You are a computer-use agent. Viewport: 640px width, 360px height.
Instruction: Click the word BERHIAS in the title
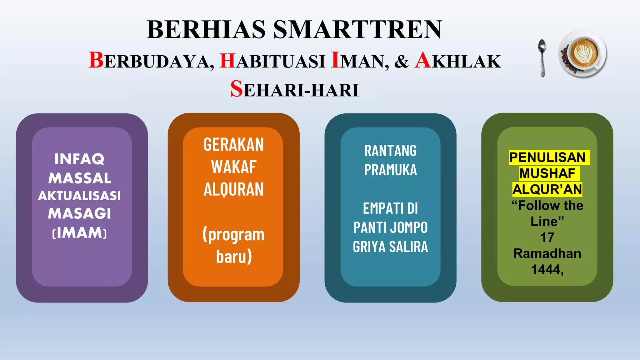206,29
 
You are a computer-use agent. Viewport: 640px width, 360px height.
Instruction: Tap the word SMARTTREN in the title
358,29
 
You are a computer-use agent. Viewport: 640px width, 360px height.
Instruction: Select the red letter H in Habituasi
227,60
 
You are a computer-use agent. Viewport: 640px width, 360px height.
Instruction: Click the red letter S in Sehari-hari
237,89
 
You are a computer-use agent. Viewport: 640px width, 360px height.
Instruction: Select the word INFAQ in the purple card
79,159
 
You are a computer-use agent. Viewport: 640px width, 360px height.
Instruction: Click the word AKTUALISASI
79,196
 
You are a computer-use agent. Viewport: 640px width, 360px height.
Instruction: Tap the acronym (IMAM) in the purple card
79,233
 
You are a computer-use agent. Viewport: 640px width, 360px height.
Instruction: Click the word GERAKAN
233,144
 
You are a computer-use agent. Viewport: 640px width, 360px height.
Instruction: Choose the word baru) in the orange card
234,257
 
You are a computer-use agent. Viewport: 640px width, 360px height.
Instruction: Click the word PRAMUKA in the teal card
390,170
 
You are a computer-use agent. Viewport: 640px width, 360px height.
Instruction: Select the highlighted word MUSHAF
547,173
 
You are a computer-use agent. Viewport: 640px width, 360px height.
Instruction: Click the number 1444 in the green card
546,269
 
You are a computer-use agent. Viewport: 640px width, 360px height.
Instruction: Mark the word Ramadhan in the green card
547,253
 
